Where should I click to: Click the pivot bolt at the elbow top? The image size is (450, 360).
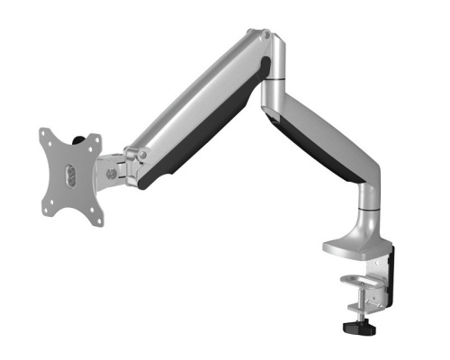pos(265,35)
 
